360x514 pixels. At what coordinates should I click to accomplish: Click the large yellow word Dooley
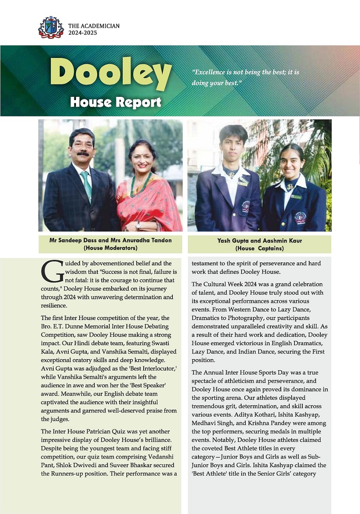point(111,75)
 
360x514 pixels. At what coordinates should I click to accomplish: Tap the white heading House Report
point(116,102)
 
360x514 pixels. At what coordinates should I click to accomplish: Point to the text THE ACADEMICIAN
point(94,26)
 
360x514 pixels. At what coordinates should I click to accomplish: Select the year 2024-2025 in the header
point(82,33)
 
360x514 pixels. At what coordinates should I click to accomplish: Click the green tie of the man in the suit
point(86,184)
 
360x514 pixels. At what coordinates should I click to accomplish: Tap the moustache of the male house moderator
point(83,154)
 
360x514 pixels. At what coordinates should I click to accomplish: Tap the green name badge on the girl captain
point(296,196)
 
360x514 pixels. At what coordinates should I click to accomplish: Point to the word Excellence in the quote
point(210,73)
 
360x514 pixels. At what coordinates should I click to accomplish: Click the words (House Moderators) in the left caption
point(110,248)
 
